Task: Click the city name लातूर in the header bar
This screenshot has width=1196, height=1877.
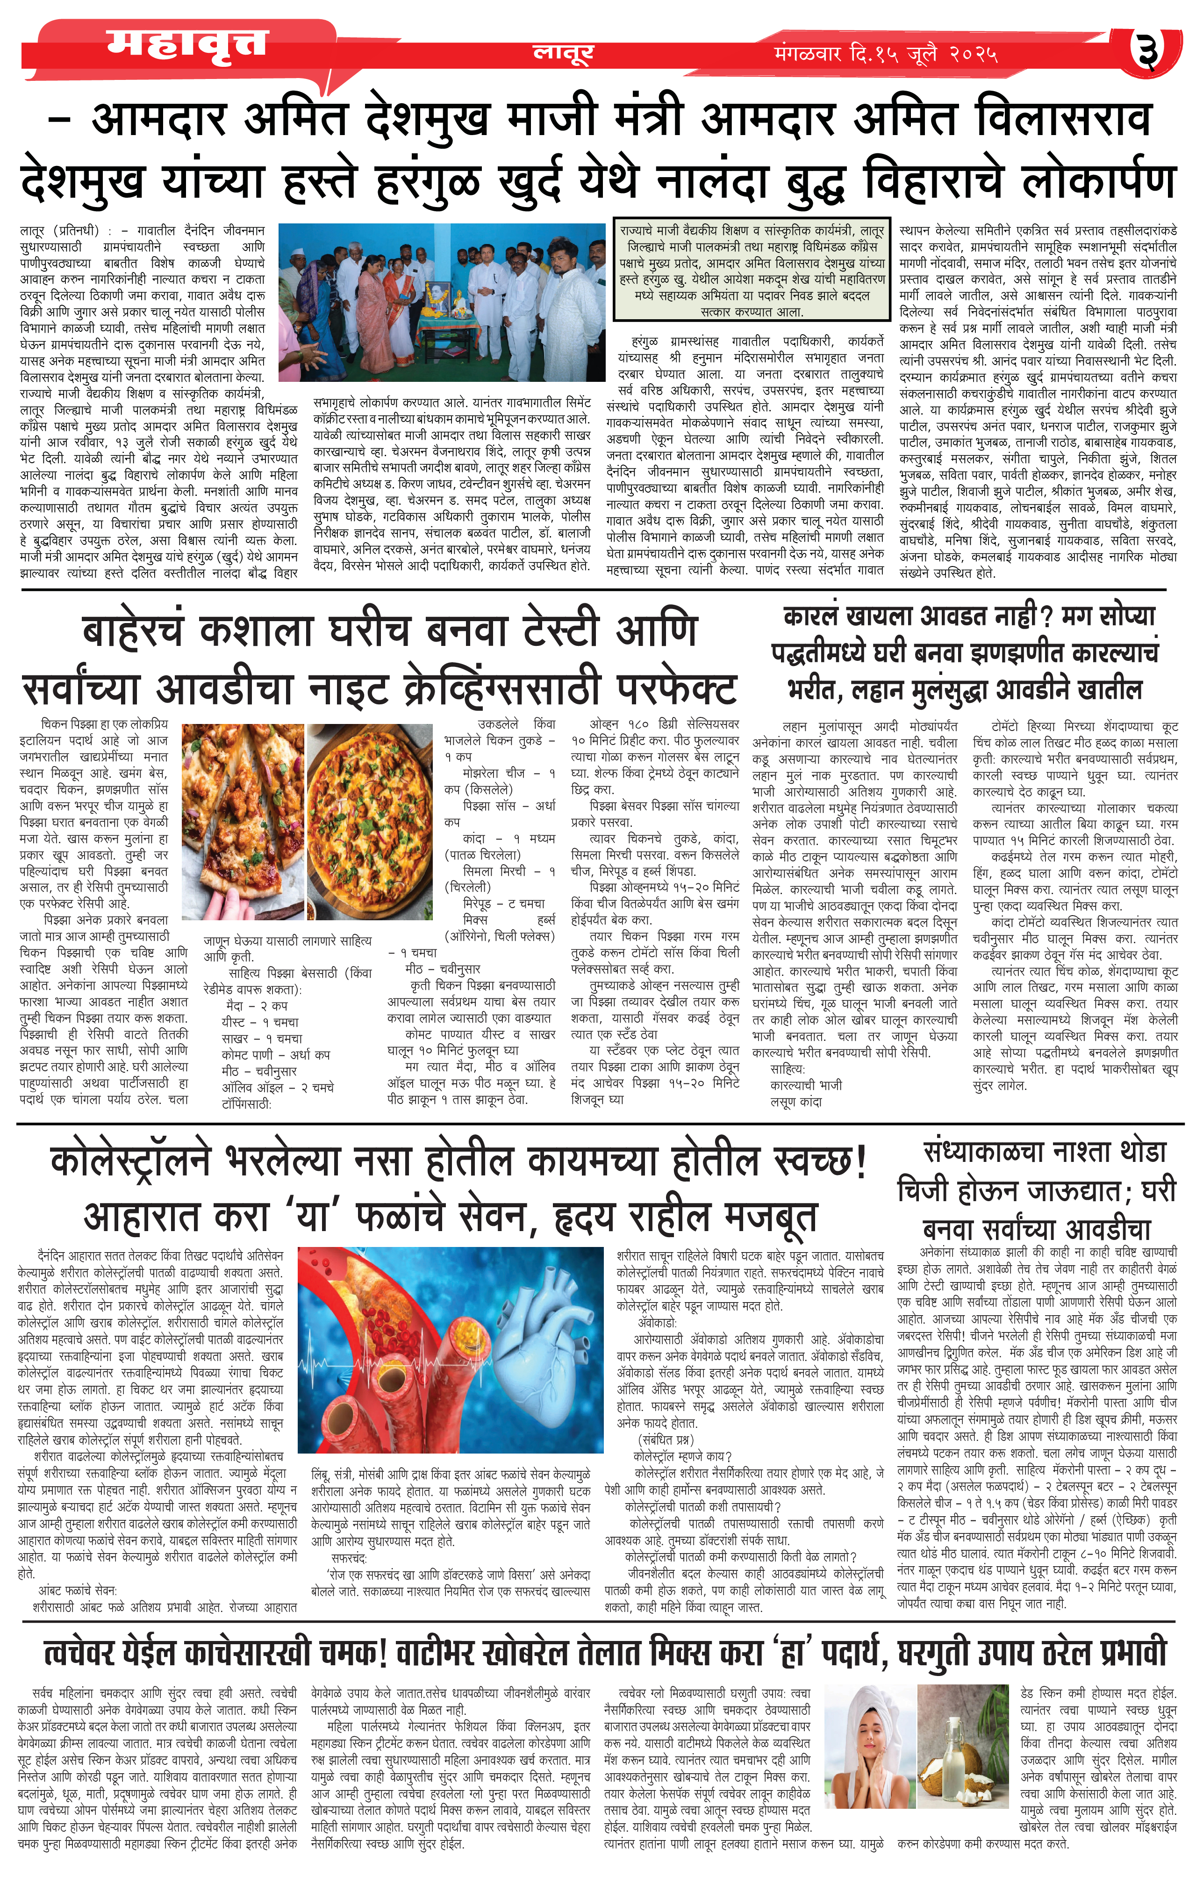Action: (563, 53)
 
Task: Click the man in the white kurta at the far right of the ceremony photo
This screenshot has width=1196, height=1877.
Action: (573, 312)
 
